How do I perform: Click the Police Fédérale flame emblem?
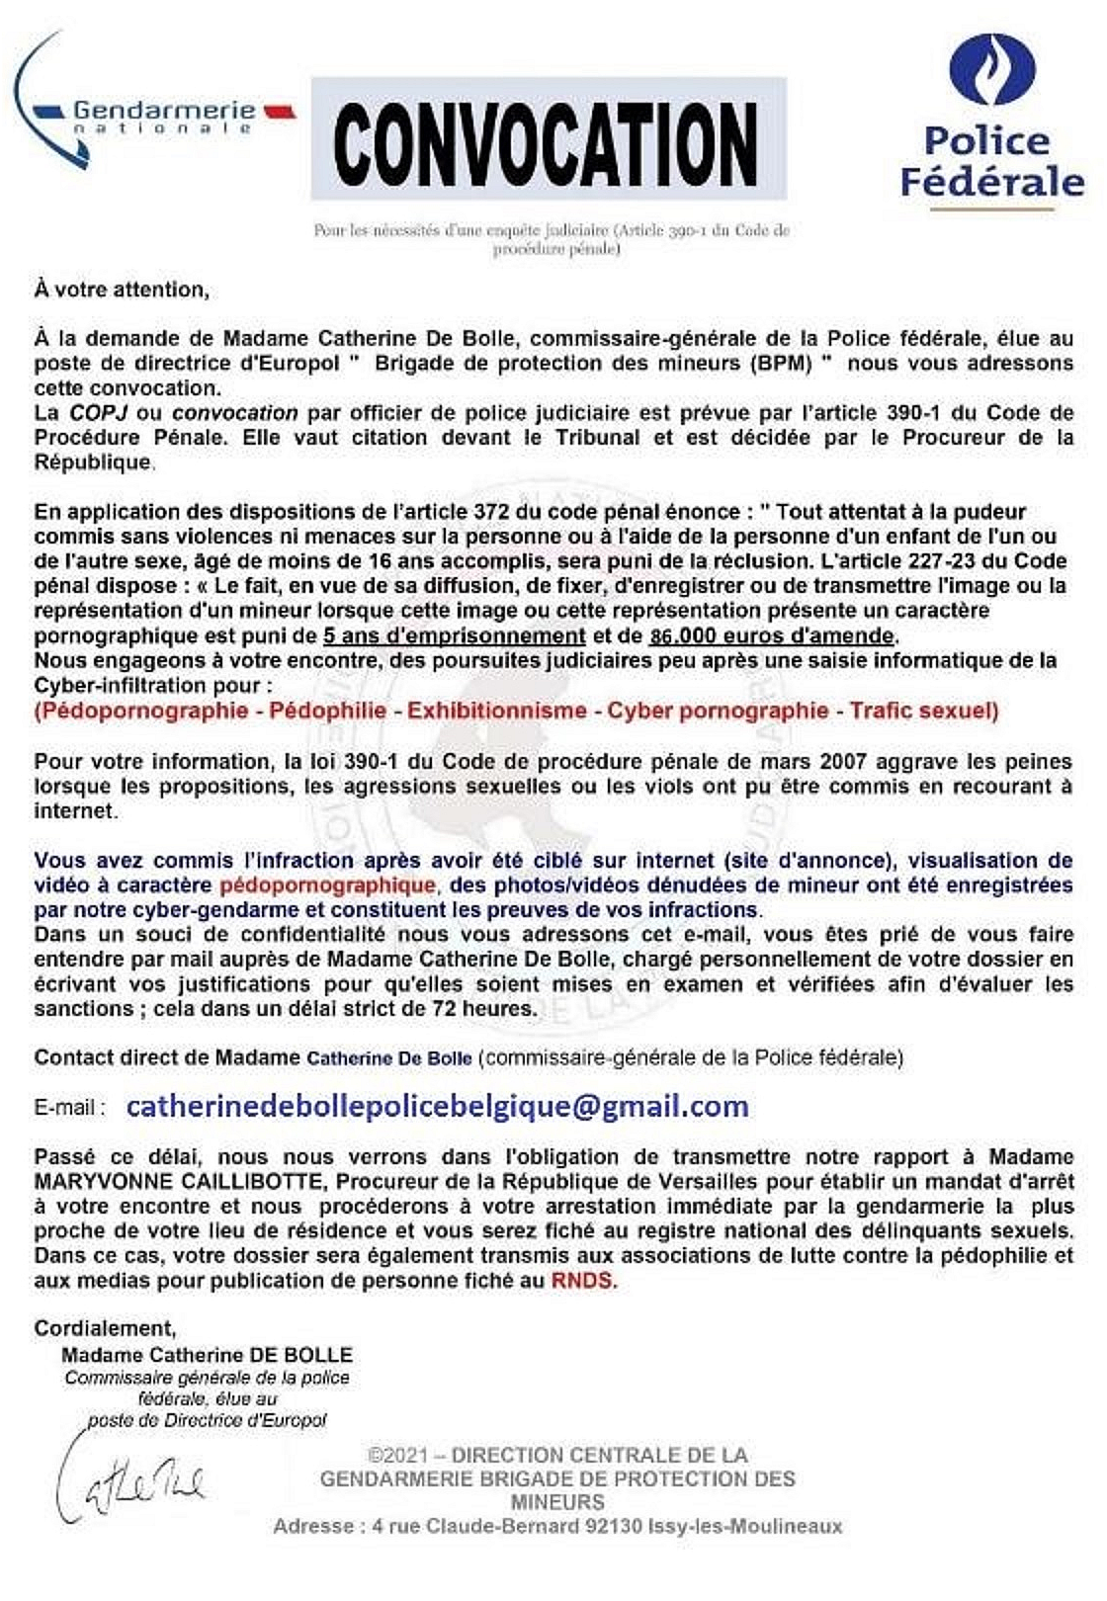click(991, 69)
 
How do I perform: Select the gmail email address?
click(437, 1106)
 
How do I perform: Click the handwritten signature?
click(128, 1482)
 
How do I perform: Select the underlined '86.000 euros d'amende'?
click(772, 636)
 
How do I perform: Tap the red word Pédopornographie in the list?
click(141, 711)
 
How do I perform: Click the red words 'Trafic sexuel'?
click(924, 711)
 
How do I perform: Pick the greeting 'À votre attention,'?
click(122, 290)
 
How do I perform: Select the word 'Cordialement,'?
click(105, 1329)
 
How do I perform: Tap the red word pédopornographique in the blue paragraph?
click(327, 885)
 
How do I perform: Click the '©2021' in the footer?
click(397, 1456)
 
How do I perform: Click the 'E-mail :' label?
click(70, 1108)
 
